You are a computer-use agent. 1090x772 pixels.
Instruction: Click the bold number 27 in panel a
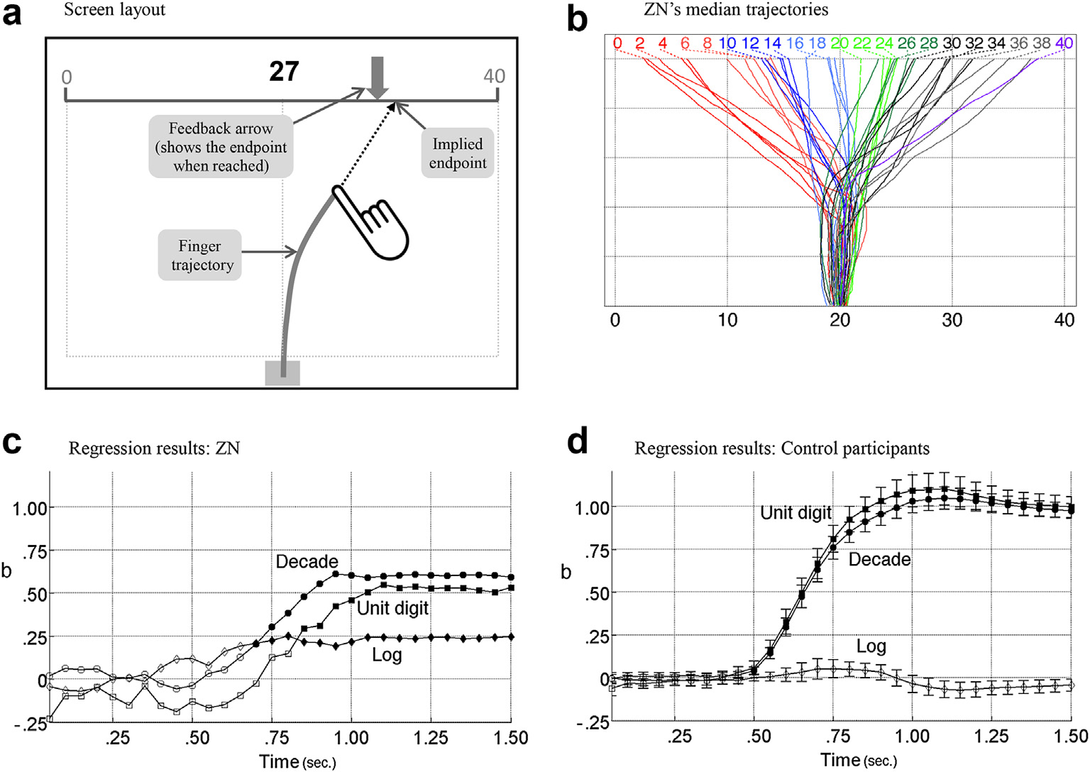point(284,72)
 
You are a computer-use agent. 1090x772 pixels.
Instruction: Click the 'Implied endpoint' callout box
point(458,153)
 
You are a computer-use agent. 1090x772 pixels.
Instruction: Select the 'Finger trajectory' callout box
point(200,255)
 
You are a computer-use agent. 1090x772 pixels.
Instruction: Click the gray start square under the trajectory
point(282,373)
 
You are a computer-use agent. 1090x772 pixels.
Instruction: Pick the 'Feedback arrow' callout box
point(221,147)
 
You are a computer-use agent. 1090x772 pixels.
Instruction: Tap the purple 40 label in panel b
point(1064,43)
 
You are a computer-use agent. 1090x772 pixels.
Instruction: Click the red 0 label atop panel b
point(617,43)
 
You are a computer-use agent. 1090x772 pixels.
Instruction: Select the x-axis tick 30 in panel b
point(952,320)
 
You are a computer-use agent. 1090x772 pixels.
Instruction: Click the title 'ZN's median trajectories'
point(735,10)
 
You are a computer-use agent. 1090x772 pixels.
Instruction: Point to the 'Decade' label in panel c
point(307,562)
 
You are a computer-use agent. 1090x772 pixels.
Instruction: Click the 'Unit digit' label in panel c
point(392,608)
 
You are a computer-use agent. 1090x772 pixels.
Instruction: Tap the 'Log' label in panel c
point(387,655)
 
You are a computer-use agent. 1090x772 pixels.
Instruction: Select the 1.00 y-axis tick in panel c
point(30,509)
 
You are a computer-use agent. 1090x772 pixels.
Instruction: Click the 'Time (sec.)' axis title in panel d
point(859,761)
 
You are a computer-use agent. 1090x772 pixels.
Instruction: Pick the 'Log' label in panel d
point(871,646)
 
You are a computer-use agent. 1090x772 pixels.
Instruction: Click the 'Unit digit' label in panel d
point(796,513)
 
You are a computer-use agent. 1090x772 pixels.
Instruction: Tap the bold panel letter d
point(578,441)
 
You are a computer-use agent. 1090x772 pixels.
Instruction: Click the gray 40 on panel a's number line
point(494,77)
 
